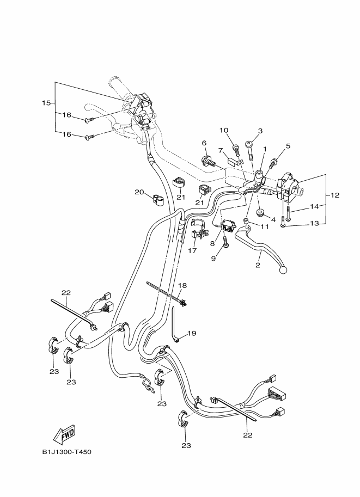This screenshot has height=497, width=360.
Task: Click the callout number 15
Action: coord(46,102)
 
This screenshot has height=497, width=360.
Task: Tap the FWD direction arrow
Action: coord(64,434)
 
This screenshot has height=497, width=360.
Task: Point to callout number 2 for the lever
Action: coord(258,265)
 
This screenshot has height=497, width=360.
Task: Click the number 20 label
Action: coord(139,192)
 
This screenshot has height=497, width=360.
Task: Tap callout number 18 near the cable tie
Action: coord(182,285)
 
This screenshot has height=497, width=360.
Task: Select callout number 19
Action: coord(192,334)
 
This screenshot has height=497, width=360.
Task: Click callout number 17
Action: coord(192,251)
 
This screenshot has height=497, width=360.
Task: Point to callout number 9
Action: coord(213,259)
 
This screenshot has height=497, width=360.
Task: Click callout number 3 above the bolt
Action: coord(260,131)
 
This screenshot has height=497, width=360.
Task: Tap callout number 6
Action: coord(205,143)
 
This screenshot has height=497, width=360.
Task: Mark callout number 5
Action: coord(288,145)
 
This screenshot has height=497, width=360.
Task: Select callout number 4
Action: coord(273,219)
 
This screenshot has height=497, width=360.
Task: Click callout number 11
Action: coord(265,226)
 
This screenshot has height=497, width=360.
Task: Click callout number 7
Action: coord(221,150)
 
